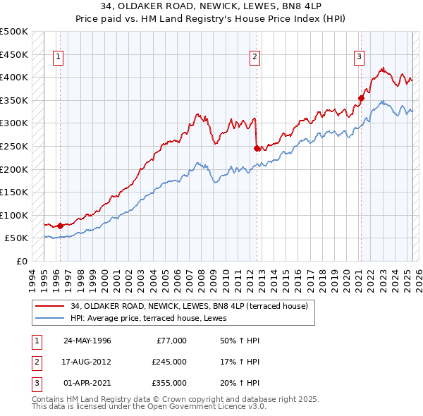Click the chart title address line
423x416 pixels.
click(x=211, y=8)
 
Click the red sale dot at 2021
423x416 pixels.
click(x=361, y=98)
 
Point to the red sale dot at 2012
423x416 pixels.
click(x=257, y=148)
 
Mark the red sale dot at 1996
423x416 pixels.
click(x=60, y=226)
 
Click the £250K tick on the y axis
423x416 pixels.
click(x=14, y=146)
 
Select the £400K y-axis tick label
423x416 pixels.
click(x=14, y=77)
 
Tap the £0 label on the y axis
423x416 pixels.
click(x=22, y=261)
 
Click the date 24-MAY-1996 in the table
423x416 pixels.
click(x=87, y=341)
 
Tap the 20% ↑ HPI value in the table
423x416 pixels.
click(x=240, y=383)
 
